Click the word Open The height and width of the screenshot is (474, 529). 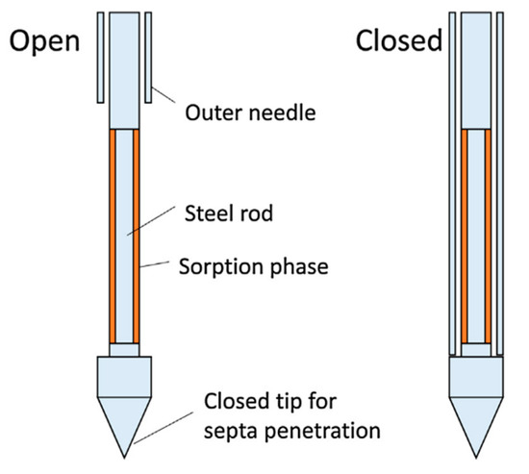(x=45, y=41)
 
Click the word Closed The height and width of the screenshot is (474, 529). (x=397, y=41)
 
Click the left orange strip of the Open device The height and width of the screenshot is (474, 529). (x=113, y=236)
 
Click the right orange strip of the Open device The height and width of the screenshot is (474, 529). (x=138, y=236)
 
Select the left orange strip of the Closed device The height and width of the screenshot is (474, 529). (x=465, y=236)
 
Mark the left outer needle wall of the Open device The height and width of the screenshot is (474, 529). (x=100, y=58)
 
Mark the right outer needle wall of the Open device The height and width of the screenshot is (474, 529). (x=151, y=58)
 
